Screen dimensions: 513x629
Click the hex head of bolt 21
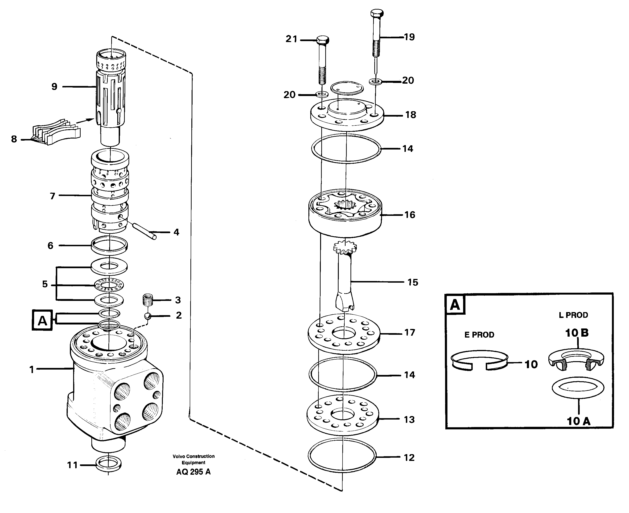pyautogui.click(x=322, y=40)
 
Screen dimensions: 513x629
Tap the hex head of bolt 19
pyautogui.click(x=377, y=13)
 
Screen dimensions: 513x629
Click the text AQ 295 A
pyautogui.click(x=193, y=472)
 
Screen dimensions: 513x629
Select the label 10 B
pyautogui.click(x=577, y=333)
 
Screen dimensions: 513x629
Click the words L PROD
pyautogui.click(x=573, y=315)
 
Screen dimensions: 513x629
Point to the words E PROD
pyautogui.click(x=479, y=335)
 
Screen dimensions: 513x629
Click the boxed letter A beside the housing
pyautogui.click(x=42, y=320)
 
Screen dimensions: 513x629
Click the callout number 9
pyautogui.click(x=54, y=87)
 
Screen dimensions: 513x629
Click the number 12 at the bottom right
pyautogui.click(x=409, y=458)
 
